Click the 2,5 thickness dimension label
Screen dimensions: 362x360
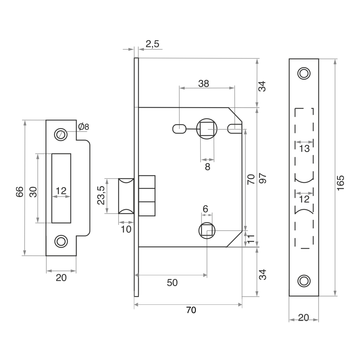(152, 44)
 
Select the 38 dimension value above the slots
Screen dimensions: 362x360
(203, 83)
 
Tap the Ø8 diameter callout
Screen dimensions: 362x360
(84, 126)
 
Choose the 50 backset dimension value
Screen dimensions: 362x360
(172, 282)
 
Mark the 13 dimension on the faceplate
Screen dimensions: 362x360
(304, 149)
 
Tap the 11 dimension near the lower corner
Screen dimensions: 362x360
(251, 238)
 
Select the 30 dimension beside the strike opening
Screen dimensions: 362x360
(33, 191)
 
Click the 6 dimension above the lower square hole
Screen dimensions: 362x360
(205, 209)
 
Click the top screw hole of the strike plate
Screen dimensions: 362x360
(60, 134)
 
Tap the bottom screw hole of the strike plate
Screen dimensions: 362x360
(60, 241)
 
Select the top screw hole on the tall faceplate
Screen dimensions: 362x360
(304, 73)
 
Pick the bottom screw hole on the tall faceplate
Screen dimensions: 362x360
(304, 281)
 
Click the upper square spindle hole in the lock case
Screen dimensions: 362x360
(207, 129)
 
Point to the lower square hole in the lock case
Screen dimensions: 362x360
(207, 230)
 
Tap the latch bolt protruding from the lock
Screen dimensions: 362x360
(126, 195)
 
